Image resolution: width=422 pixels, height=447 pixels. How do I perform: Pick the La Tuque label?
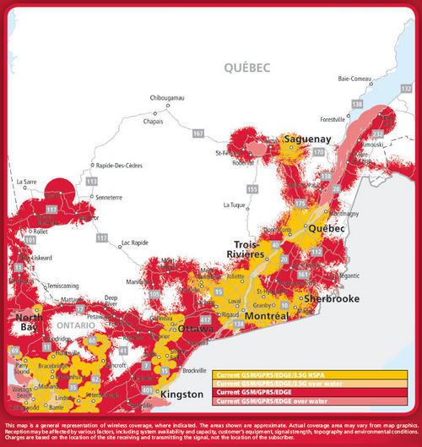(x=238, y=204)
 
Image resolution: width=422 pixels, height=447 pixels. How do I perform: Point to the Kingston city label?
(x=181, y=395)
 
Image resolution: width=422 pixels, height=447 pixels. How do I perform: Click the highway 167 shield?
(x=198, y=134)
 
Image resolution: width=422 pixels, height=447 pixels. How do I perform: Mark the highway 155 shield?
(x=252, y=188)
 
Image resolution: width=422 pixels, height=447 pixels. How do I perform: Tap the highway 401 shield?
(x=148, y=390)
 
